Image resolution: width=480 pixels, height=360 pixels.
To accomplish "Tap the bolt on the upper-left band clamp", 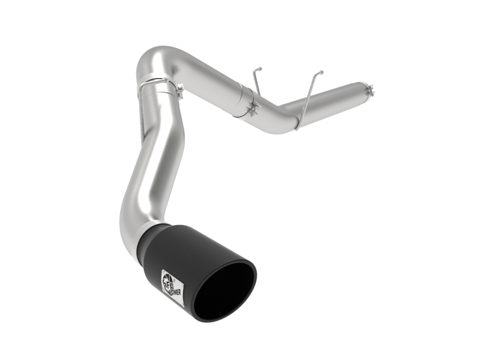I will [x=179, y=89].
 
